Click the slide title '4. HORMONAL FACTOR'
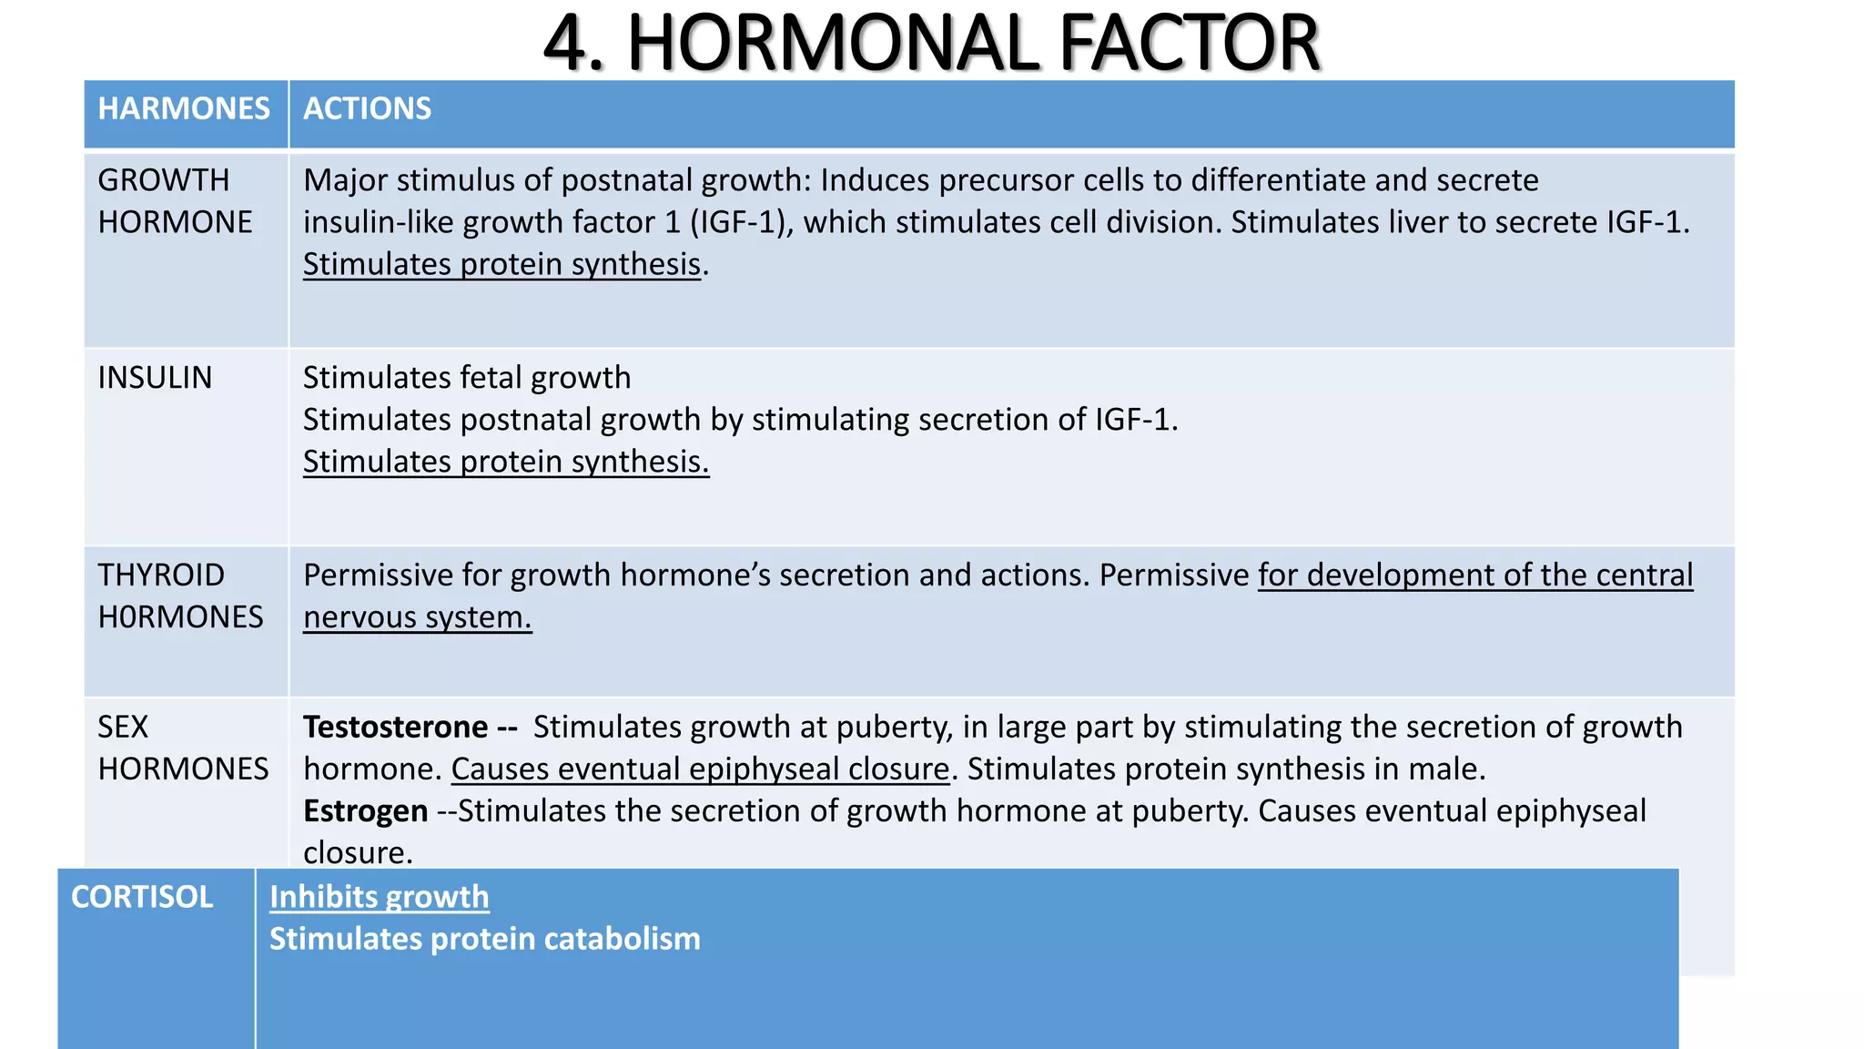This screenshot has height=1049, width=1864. point(931,43)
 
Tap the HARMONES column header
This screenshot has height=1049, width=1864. point(184,109)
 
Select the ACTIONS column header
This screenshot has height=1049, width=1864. point(367,109)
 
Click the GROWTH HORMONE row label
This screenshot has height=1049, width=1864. point(175,201)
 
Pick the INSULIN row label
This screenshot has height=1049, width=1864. point(155,378)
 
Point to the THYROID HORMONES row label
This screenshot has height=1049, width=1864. point(180,596)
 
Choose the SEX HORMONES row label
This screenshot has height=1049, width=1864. point(183,748)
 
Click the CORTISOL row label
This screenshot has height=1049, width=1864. point(142,898)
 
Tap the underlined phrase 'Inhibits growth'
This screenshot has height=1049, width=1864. point(379,898)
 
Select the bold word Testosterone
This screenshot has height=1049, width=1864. point(395,728)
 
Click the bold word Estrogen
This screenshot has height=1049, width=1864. point(365,811)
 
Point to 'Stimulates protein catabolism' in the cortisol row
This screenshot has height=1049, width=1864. point(484,940)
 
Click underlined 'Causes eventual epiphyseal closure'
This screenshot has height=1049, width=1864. point(700,769)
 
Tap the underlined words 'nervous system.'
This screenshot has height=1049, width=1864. point(417,617)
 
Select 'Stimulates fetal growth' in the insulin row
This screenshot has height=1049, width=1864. point(466,378)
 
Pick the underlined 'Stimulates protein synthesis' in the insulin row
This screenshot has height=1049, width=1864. point(505,462)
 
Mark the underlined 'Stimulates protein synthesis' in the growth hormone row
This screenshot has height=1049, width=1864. point(501,265)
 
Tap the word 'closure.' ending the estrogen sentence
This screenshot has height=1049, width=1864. point(358,853)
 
